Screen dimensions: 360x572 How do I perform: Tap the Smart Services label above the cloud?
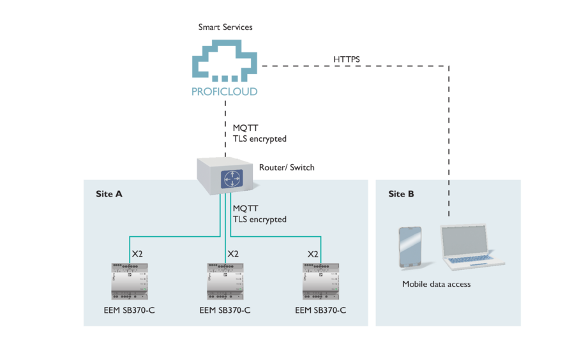click(225, 27)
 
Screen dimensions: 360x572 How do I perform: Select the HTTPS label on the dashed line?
click(347, 59)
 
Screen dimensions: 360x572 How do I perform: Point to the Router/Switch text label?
click(287, 168)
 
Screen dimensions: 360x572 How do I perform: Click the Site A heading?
click(109, 194)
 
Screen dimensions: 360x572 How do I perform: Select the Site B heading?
click(401, 194)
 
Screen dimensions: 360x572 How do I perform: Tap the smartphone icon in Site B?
click(410, 246)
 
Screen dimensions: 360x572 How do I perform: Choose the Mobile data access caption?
click(436, 284)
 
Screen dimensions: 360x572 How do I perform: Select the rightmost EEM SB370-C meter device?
click(320, 281)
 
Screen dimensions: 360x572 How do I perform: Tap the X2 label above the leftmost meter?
click(137, 254)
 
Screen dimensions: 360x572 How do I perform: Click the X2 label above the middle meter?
click(233, 254)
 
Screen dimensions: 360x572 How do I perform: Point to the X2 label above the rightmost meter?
click(312, 254)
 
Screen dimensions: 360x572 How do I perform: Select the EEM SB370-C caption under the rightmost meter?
click(320, 311)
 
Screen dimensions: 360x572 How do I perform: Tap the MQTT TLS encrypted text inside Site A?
click(259, 214)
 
